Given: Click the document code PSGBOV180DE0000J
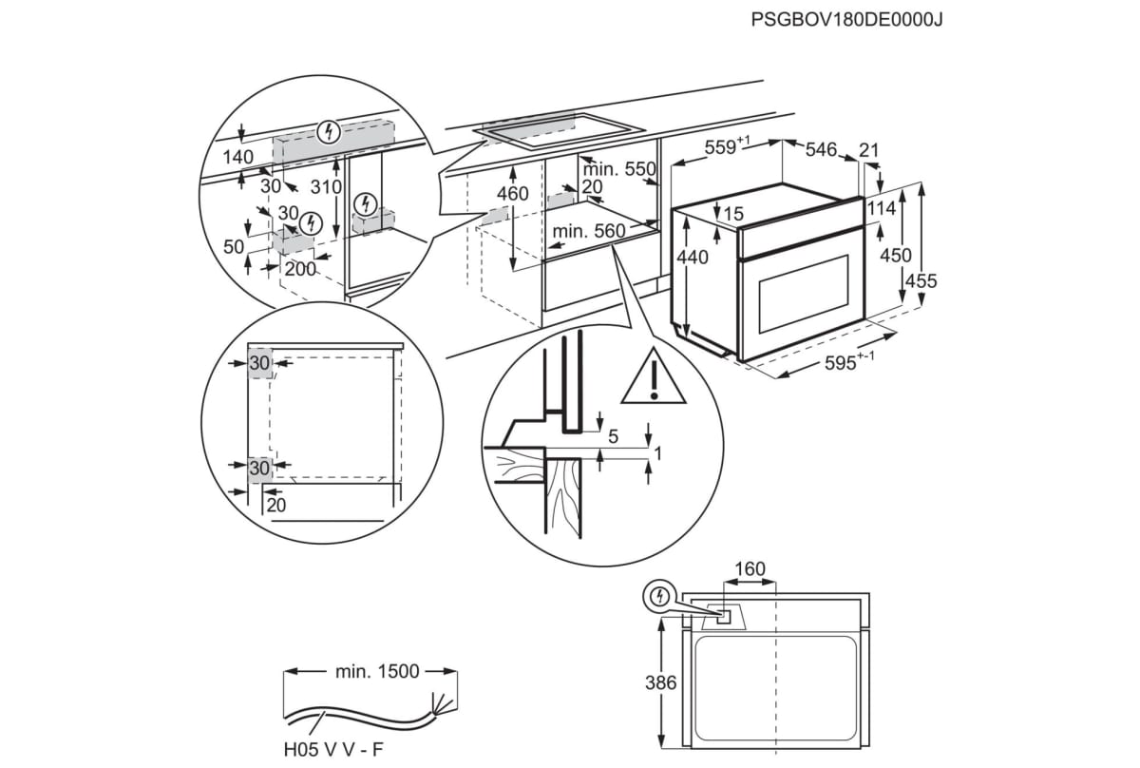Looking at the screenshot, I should (845, 19).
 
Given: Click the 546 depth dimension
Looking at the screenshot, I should (821, 149).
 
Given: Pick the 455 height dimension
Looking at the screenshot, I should (921, 281).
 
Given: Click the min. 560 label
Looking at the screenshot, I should (589, 231).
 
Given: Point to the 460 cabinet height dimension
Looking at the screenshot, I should (512, 195).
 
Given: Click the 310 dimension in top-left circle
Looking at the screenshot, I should (325, 187).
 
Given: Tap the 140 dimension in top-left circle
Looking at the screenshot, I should (238, 157).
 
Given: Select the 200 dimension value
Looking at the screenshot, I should (301, 269).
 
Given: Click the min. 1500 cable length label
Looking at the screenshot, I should (376, 671).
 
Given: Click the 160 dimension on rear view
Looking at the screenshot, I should (749, 569).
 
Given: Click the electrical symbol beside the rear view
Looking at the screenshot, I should (656, 597).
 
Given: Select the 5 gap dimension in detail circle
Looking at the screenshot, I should (613, 437).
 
